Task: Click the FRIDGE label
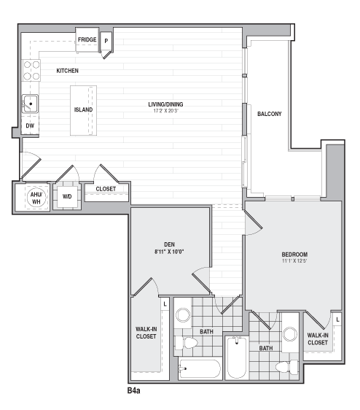coord(87,39)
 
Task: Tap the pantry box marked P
coord(106,41)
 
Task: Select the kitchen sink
coord(30,104)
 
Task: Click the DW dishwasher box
coord(30,125)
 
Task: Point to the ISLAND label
coord(83,109)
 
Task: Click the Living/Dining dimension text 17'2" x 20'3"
coord(165,111)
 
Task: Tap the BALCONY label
coord(270,114)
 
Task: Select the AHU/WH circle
coord(36,198)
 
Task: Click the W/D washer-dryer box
coord(67,196)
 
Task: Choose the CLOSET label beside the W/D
coord(106,189)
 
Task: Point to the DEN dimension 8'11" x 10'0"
coord(169,252)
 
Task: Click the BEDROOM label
coord(294,254)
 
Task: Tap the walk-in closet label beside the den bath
coord(146,333)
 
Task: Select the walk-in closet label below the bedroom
coord(318,339)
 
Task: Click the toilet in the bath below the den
coord(187,343)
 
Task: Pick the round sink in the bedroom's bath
coord(290,334)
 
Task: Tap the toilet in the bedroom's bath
coord(287,367)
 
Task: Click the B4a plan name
coord(134,390)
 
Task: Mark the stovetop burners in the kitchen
coord(31,70)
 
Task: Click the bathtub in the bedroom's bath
coord(237,357)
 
